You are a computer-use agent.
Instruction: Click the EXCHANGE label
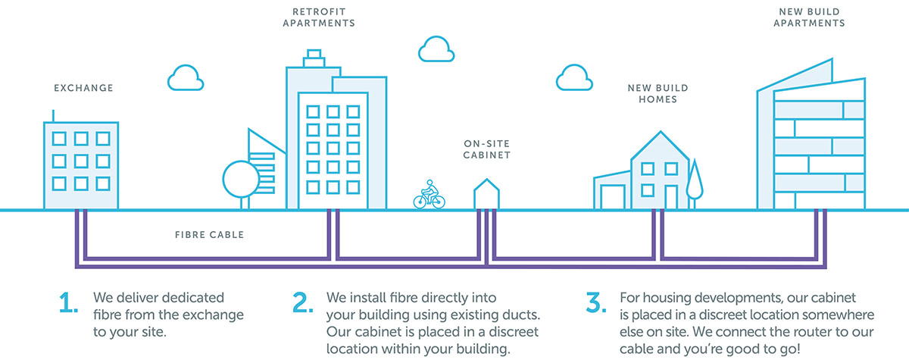pyautogui.click(x=83, y=89)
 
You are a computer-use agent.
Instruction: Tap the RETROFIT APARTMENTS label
pyautogui.click(x=318, y=17)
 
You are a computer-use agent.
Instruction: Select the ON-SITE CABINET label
pyautogui.click(x=487, y=149)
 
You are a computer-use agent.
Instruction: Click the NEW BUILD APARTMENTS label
pyautogui.click(x=811, y=17)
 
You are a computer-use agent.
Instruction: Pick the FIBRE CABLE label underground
pyautogui.click(x=209, y=235)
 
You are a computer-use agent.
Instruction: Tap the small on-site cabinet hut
pyautogui.click(x=486, y=195)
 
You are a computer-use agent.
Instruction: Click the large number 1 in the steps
pyautogui.click(x=69, y=303)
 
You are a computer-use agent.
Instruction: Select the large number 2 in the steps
pyautogui.click(x=303, y=303)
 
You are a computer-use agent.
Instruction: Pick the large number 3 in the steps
pyautogui.click(x=595, y=303)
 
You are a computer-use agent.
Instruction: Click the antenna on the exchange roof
pyautogui.click(x=53, y=114)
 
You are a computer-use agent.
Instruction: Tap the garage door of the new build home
pyautogui.click(x=612, y=195)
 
